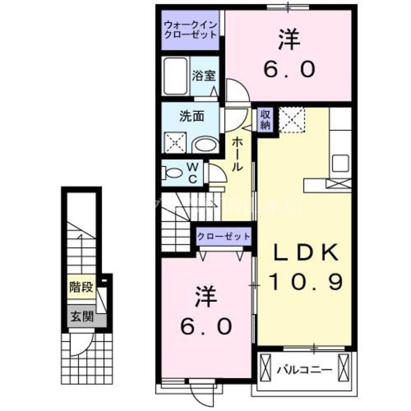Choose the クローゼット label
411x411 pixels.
pos(223,237)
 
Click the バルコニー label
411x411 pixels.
pos(305,370)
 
